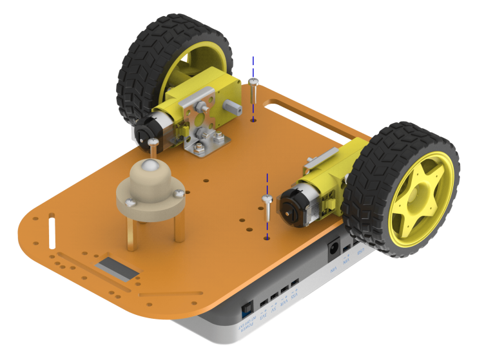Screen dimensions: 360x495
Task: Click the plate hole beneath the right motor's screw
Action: (x=266, y=238)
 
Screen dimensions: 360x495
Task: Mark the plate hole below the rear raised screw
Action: (x=253, y=120)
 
